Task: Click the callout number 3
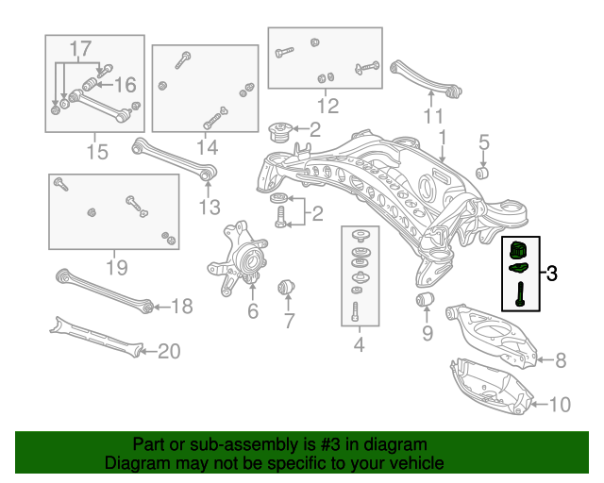(552, 275)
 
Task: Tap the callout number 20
(168, 352)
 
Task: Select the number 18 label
(181, 306)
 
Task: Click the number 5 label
(483, 142)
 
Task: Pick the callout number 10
(560, 405)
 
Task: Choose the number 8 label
(560, 359)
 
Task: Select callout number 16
(126, 85)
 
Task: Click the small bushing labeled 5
(482, 173)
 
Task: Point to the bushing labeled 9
(426, 300)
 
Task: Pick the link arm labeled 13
(176, 158)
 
